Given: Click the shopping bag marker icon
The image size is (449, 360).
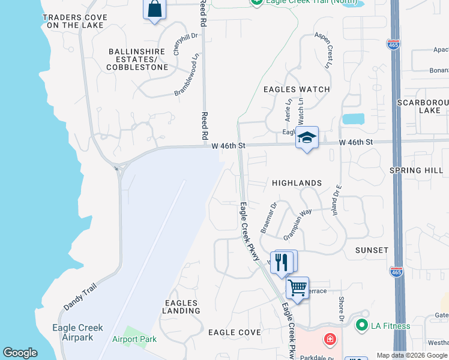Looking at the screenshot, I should pos(154,10).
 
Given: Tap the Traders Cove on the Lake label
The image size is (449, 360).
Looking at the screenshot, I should pos(74,21).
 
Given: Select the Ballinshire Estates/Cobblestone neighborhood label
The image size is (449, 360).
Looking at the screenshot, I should pos(137,59).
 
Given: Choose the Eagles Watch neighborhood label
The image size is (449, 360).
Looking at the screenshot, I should pos(297,89).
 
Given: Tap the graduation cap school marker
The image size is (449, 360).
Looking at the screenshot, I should pos(307,137).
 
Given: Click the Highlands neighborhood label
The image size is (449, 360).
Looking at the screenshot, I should pos(297,182).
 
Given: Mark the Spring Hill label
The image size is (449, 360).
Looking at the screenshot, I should pos(416,170).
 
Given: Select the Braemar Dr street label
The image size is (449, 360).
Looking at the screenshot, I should pos(268,217).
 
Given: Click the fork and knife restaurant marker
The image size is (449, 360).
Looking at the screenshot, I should pos(281,262).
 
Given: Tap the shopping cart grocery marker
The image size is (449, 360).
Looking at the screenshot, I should pos(297,288).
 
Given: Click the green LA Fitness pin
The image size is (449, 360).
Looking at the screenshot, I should pos(361,326).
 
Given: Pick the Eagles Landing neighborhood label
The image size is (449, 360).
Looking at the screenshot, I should pos(181,307).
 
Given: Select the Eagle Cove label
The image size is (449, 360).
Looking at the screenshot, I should pos(234,332).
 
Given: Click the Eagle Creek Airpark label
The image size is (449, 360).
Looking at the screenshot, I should pos(77,332).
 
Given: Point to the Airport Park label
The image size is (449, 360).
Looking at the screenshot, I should pos(134,339).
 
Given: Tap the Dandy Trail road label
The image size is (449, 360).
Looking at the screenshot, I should pos(80,297).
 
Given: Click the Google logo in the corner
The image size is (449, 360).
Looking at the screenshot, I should pos(20,353).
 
